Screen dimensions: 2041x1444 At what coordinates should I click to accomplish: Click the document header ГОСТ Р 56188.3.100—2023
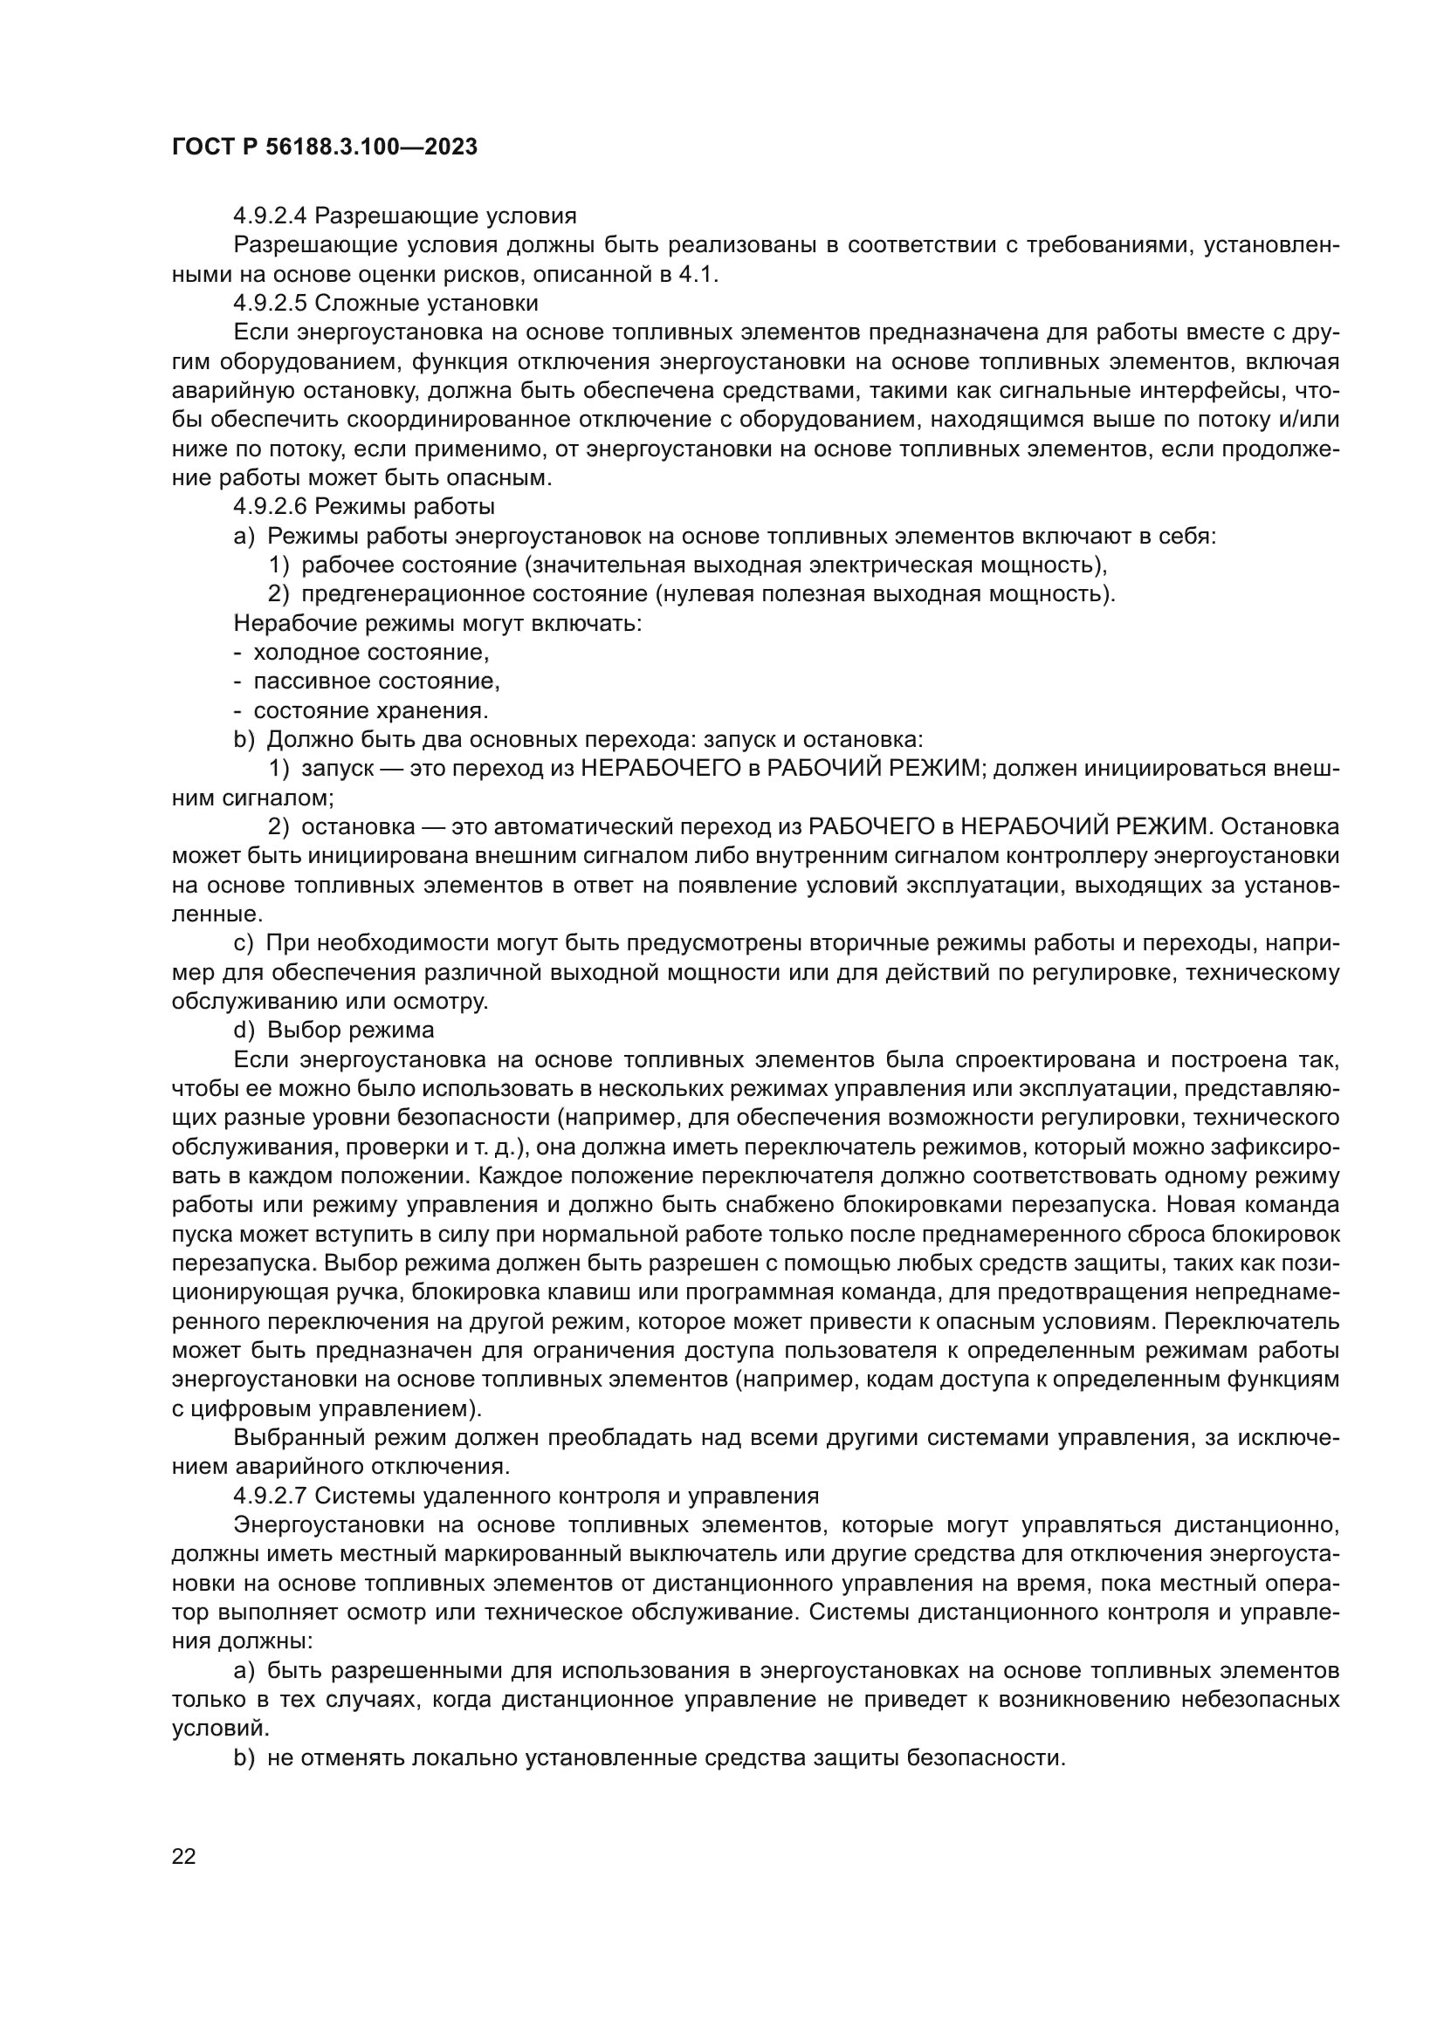(x=325, y=147)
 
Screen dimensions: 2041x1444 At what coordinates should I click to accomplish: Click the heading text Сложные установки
(x=427, y=303)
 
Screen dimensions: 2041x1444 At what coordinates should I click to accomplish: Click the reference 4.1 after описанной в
(x=696, y=275)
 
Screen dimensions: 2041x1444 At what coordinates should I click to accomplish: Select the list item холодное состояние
(x=371, y=653)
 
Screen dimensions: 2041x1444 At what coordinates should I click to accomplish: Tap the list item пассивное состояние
(x=376, y=681)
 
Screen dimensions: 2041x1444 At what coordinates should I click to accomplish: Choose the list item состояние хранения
(x=371, y=711)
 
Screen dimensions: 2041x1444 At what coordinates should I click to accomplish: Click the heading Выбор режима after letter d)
(x=350, y=1031)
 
